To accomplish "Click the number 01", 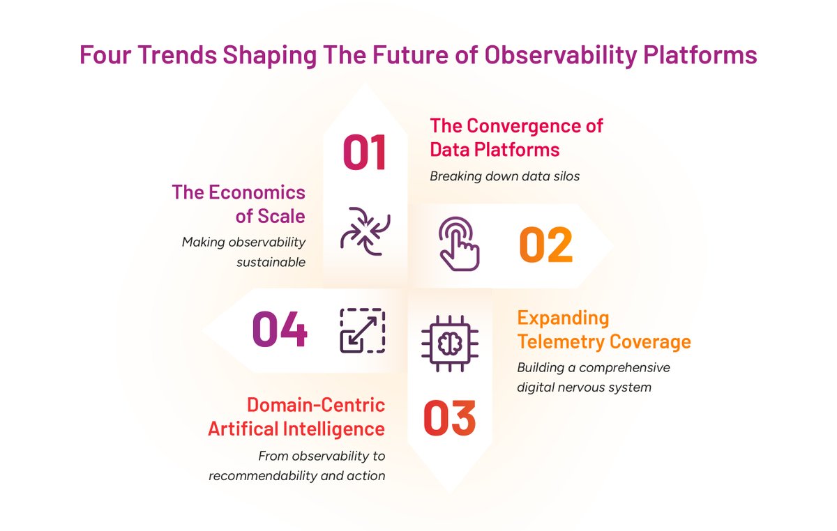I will tap(364, 153).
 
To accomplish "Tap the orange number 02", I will tap(545, 245).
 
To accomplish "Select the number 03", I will tap(449, 417).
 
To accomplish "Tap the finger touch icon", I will tap(458, 243).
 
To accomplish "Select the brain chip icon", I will tap(449, 340).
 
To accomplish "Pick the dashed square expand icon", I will tap(362, 330).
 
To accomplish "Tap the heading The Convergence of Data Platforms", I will tap(516, 138).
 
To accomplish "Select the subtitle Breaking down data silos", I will tap(504, 176).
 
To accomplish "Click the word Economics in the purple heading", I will tap(256, 192).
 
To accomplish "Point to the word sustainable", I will tap(271, 263).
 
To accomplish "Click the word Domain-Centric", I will tap(316, 405).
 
